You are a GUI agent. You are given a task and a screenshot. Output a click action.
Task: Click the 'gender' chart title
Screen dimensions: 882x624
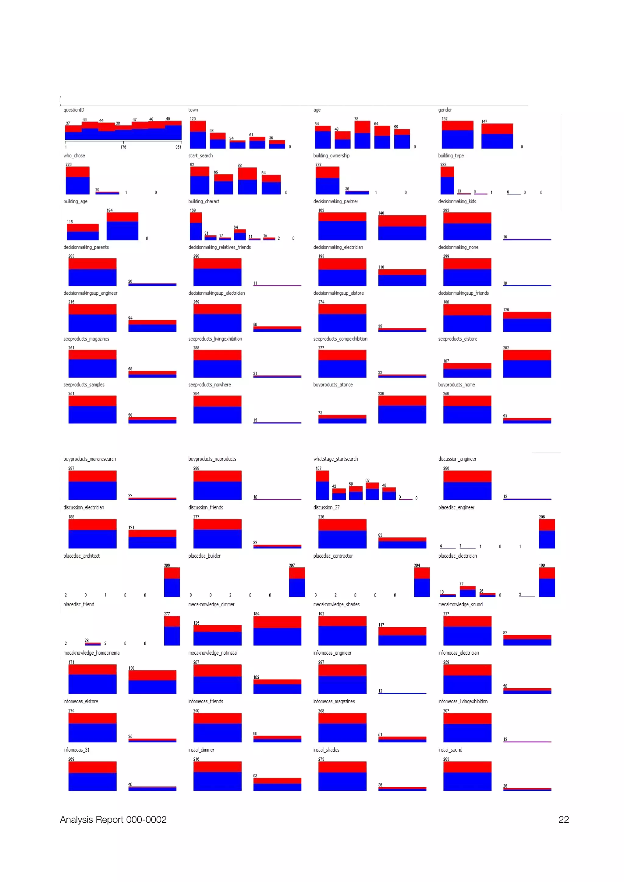445,110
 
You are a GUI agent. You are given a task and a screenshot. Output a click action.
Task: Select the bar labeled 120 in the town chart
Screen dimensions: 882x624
198,135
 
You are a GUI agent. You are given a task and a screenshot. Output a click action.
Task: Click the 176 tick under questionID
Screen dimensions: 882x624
123,147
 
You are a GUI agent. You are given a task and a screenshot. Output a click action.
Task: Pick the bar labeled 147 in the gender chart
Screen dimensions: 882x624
497,136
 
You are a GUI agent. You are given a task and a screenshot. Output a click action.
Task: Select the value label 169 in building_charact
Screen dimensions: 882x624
193,210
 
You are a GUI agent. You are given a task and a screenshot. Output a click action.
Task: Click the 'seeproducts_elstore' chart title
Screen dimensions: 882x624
458,339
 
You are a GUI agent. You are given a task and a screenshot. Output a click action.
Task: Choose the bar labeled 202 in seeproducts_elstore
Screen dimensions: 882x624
527,364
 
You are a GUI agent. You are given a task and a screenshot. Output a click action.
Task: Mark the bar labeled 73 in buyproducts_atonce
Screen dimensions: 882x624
342,419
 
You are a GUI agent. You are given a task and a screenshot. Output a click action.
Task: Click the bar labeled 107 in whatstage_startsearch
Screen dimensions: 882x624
322,485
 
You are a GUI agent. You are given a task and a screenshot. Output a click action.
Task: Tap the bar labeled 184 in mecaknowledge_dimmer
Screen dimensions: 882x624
277,631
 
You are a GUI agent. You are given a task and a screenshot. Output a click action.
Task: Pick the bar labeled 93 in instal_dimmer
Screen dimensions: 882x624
277,784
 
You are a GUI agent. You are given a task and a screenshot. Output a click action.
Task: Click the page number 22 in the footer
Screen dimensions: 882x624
563,819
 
